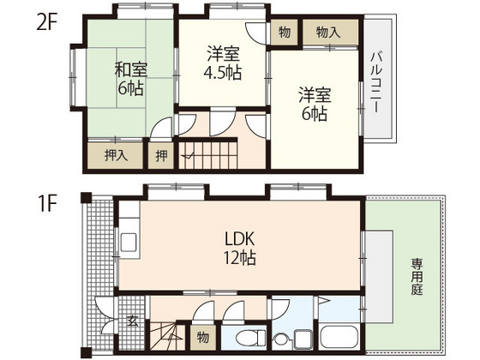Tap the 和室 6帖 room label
(x=130, y=79)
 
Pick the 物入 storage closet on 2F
(x=327, y=33)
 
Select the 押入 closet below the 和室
(x=117, y=156)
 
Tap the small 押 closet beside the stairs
(x=162, y=156)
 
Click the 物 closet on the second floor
(x=284, y=33)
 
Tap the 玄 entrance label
(x=132, y=321)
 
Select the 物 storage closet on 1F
(x=202, y=335)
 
